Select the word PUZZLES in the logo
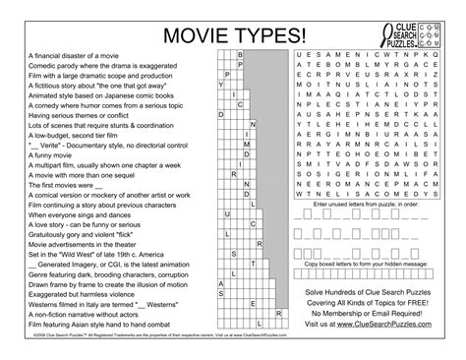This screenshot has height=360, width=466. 402,41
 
